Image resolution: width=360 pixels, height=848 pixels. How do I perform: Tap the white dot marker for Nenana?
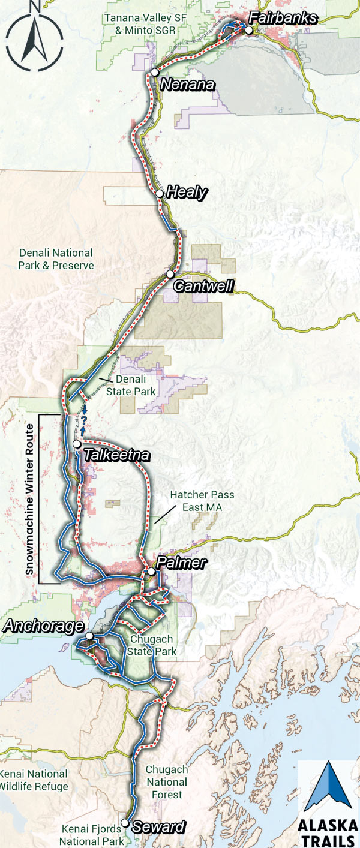(154, 72)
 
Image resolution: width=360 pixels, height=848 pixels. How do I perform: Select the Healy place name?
(187, 193)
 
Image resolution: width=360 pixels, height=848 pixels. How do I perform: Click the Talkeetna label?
(116, 455)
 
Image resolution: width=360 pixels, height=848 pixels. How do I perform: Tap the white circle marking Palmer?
(152, 572)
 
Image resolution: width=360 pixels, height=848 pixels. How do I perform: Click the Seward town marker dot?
(125, 823)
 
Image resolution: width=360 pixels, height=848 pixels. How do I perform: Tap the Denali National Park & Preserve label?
(56, 258)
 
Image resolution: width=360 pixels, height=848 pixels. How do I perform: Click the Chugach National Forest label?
(167, 782)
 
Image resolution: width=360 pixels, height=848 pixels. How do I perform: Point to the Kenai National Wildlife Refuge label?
(34, 780)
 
